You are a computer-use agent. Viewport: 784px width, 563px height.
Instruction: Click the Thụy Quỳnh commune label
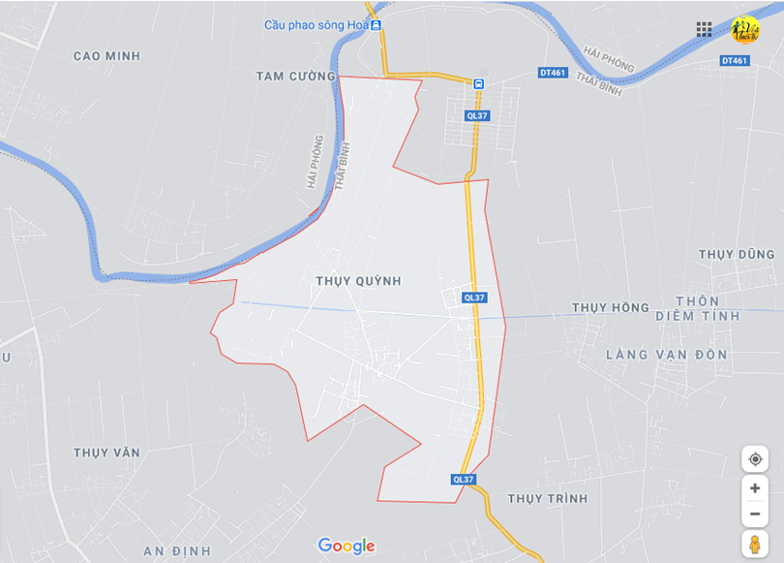click(x=358, y=280)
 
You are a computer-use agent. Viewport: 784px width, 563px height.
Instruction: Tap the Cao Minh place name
click(x=106, y=56)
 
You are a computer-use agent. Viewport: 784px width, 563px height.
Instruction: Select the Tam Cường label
click(x=295, y=76)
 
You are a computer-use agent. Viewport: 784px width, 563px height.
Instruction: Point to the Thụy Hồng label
click(x=610, y=307)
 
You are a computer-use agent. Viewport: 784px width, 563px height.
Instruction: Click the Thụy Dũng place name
click(x=737, y=254)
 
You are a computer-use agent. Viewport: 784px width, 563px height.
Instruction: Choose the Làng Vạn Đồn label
click(x=666, y=355)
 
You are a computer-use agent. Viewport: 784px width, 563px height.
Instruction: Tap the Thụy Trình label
click(x=548, y=498)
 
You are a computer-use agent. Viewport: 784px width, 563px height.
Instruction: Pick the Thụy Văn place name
click(x=106, y=453)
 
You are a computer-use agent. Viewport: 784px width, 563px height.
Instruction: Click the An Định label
click(x=176, y=550)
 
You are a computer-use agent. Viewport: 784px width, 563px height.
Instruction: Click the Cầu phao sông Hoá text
click(x=316, y=25)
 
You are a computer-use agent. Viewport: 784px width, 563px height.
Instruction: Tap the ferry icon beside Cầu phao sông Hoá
click(x=376, y=25)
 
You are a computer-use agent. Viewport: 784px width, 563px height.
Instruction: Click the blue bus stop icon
click(x=478, y=84)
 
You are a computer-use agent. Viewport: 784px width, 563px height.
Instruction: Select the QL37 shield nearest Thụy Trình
click(x=464, y=480)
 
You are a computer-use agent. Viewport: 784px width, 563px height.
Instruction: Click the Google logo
click(x=347, y=546)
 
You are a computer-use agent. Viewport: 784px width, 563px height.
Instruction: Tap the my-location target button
click(x=755, y=458)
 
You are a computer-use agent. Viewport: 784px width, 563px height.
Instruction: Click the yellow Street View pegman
click(x=755, y=544)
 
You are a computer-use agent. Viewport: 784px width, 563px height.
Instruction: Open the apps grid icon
click(x=704, y=29)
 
